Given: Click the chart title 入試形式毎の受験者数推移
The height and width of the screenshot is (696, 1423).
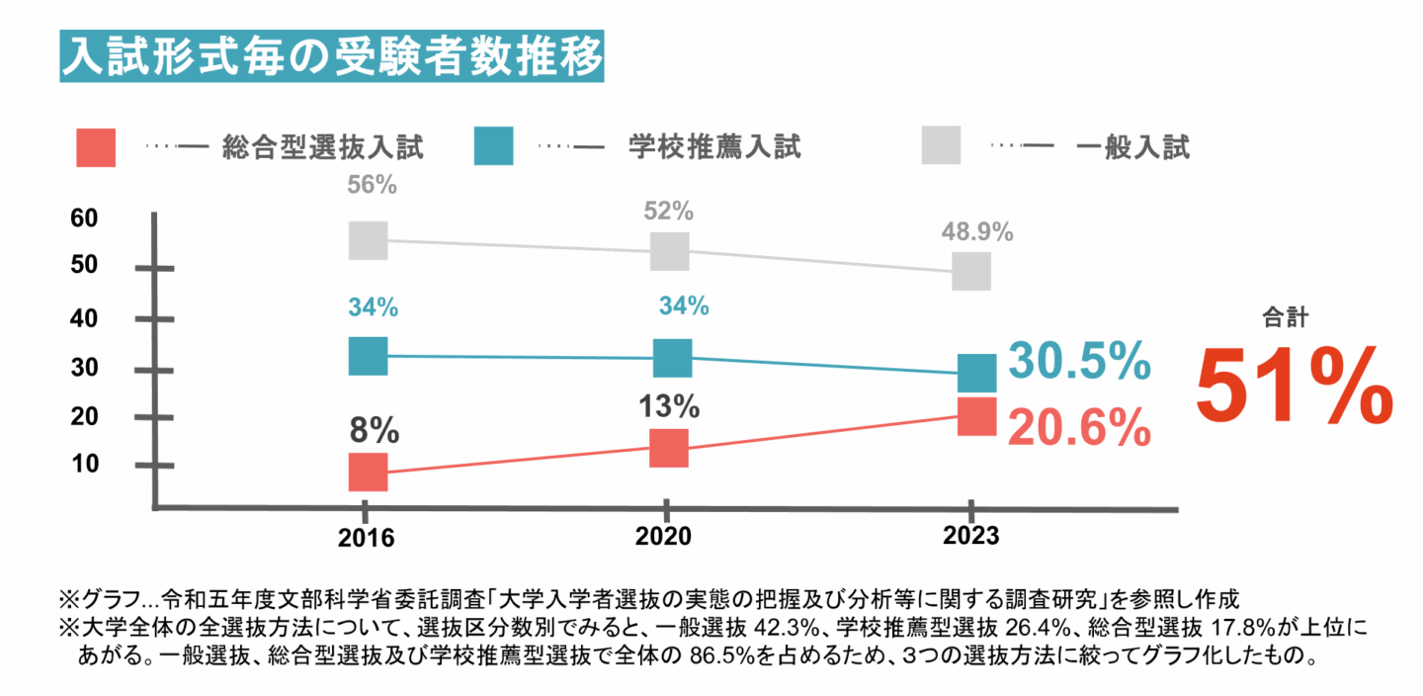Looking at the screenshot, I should (x=331, y=57).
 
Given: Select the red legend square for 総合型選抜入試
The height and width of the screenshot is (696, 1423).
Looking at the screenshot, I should (x=96, y=148).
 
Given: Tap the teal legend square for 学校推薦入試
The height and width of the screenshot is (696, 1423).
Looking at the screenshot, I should (x=493, y=146).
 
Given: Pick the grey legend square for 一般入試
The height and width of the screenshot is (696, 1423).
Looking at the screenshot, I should (x=942, y=146).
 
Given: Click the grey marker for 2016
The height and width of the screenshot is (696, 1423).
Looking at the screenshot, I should (x=368, y=240).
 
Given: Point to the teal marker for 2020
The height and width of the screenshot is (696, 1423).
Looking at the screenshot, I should (x=672, y=357).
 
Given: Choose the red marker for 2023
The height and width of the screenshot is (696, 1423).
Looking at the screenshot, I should (x=976, y=416).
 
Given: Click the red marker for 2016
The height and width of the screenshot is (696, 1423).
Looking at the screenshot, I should (x=368, y=472).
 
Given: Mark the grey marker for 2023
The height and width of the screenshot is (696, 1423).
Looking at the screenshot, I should (x=971, y=271).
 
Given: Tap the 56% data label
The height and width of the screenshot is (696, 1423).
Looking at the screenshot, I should (x=372, y=186).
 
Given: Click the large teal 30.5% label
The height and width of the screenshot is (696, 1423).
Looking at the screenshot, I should (x=1079, y=361).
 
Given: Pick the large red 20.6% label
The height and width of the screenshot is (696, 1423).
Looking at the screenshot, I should (x=1079, y=429).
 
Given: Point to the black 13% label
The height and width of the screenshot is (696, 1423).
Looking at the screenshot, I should (x=676, y=406).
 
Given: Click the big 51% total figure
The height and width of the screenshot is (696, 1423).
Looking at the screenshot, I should (x=1295, y=387).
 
